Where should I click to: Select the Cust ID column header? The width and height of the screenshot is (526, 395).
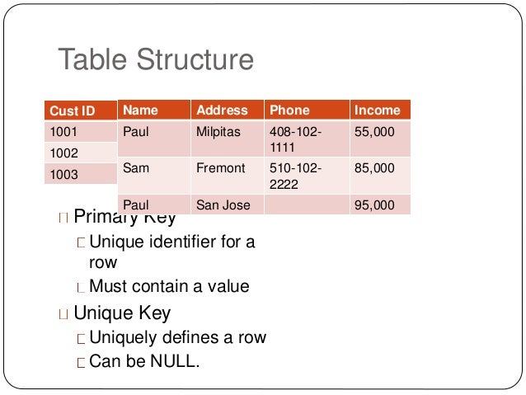click(x=73, y=111)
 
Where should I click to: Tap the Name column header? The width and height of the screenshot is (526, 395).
click(x=140, y=110)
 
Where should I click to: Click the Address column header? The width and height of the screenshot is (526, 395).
click(x=222, y=110)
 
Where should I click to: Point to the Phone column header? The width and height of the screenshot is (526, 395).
click(x=289, y=110)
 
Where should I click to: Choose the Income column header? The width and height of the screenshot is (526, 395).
click(x=377, y=110)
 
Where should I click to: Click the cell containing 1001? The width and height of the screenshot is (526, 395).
click(x=64, y=131)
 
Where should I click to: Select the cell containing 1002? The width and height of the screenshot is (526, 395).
click(x=64, y=153)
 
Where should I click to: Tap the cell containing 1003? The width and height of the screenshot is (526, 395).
click(x=64, y=174)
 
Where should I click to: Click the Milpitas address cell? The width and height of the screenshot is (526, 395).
click(x=218, y=131)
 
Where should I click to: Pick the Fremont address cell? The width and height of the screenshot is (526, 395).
click(x=221, y=167)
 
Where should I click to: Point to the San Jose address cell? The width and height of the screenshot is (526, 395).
click(x=223, y=205)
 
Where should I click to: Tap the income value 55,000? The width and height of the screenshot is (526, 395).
click(x=374, y=131)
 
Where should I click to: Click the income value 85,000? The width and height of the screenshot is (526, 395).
click(x=374, y=167)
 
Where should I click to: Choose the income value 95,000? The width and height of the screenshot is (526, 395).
click(x=374, y=205)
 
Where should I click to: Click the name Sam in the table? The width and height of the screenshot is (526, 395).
click(x=134, y=167)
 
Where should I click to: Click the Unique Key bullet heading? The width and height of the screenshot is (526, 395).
click(x=122, y=313)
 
